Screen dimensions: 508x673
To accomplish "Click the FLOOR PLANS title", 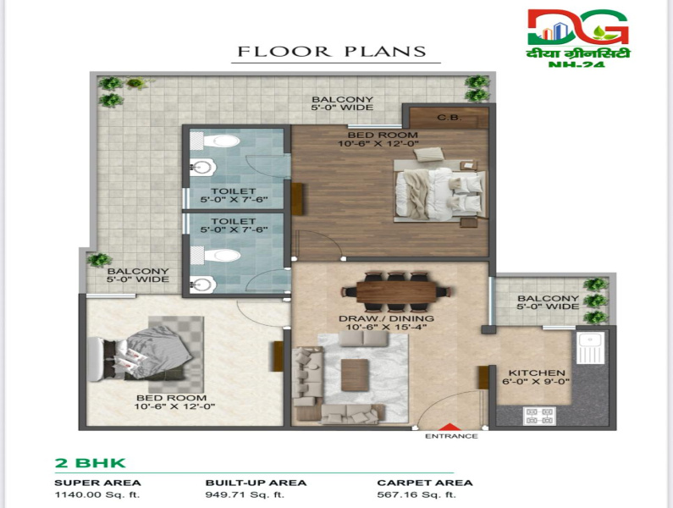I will [331, 51].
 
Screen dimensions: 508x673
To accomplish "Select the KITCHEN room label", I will [536, 373].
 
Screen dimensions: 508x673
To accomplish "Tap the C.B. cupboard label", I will [450, 118].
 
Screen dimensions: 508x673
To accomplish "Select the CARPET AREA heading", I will [415, 483].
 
